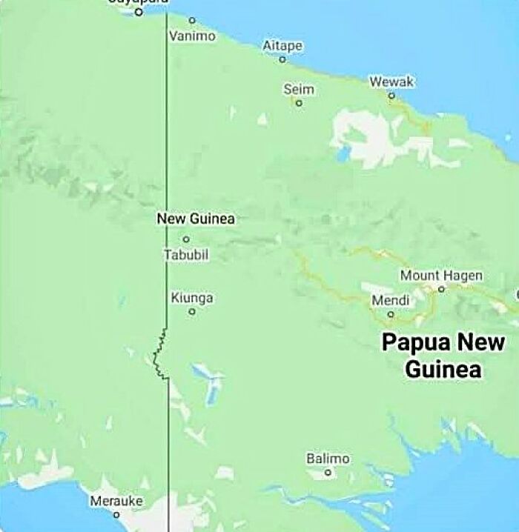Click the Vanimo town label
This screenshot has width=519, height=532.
point(192,36)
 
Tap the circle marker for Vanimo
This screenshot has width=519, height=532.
point(192,20)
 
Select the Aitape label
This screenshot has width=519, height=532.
point(282,46)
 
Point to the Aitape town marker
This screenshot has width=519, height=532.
point(282,59)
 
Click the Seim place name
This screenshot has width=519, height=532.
point(299,90)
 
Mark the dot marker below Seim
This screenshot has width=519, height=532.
point(299,103)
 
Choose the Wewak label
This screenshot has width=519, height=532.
point(391,82)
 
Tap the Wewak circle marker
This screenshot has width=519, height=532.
point(391,96)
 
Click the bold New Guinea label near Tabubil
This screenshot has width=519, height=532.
point(196,219)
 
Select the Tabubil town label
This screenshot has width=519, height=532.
point(186,255)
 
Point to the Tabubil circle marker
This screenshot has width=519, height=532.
point(186,239)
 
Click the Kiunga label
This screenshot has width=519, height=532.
point(192,298)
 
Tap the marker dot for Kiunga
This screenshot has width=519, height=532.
point(192,312)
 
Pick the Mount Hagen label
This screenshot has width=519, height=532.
point(441,276)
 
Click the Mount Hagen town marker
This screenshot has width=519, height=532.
point(441,289)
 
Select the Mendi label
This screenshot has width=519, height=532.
point(390,300)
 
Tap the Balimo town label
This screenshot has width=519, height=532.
point(328,459)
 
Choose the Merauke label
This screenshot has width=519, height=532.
point(116,501)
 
